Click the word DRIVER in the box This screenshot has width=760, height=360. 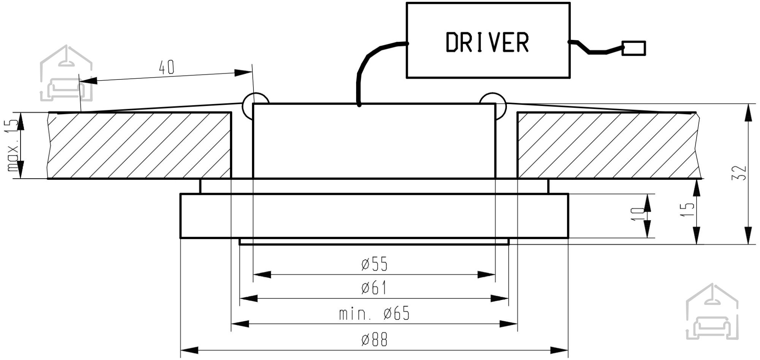487,42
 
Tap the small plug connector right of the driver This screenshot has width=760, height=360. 633,48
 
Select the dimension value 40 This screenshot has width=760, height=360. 166,68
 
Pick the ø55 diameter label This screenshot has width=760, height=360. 375,264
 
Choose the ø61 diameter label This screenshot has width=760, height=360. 374,288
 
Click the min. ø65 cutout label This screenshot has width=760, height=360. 374,314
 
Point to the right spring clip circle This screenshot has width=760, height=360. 493,105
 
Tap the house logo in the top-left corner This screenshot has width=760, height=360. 66,73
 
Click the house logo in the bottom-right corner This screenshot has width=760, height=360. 712,311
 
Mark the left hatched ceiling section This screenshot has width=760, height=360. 140,145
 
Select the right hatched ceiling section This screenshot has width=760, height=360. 609,145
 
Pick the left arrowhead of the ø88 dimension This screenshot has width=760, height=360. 188,349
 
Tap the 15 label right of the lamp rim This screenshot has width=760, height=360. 690,209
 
